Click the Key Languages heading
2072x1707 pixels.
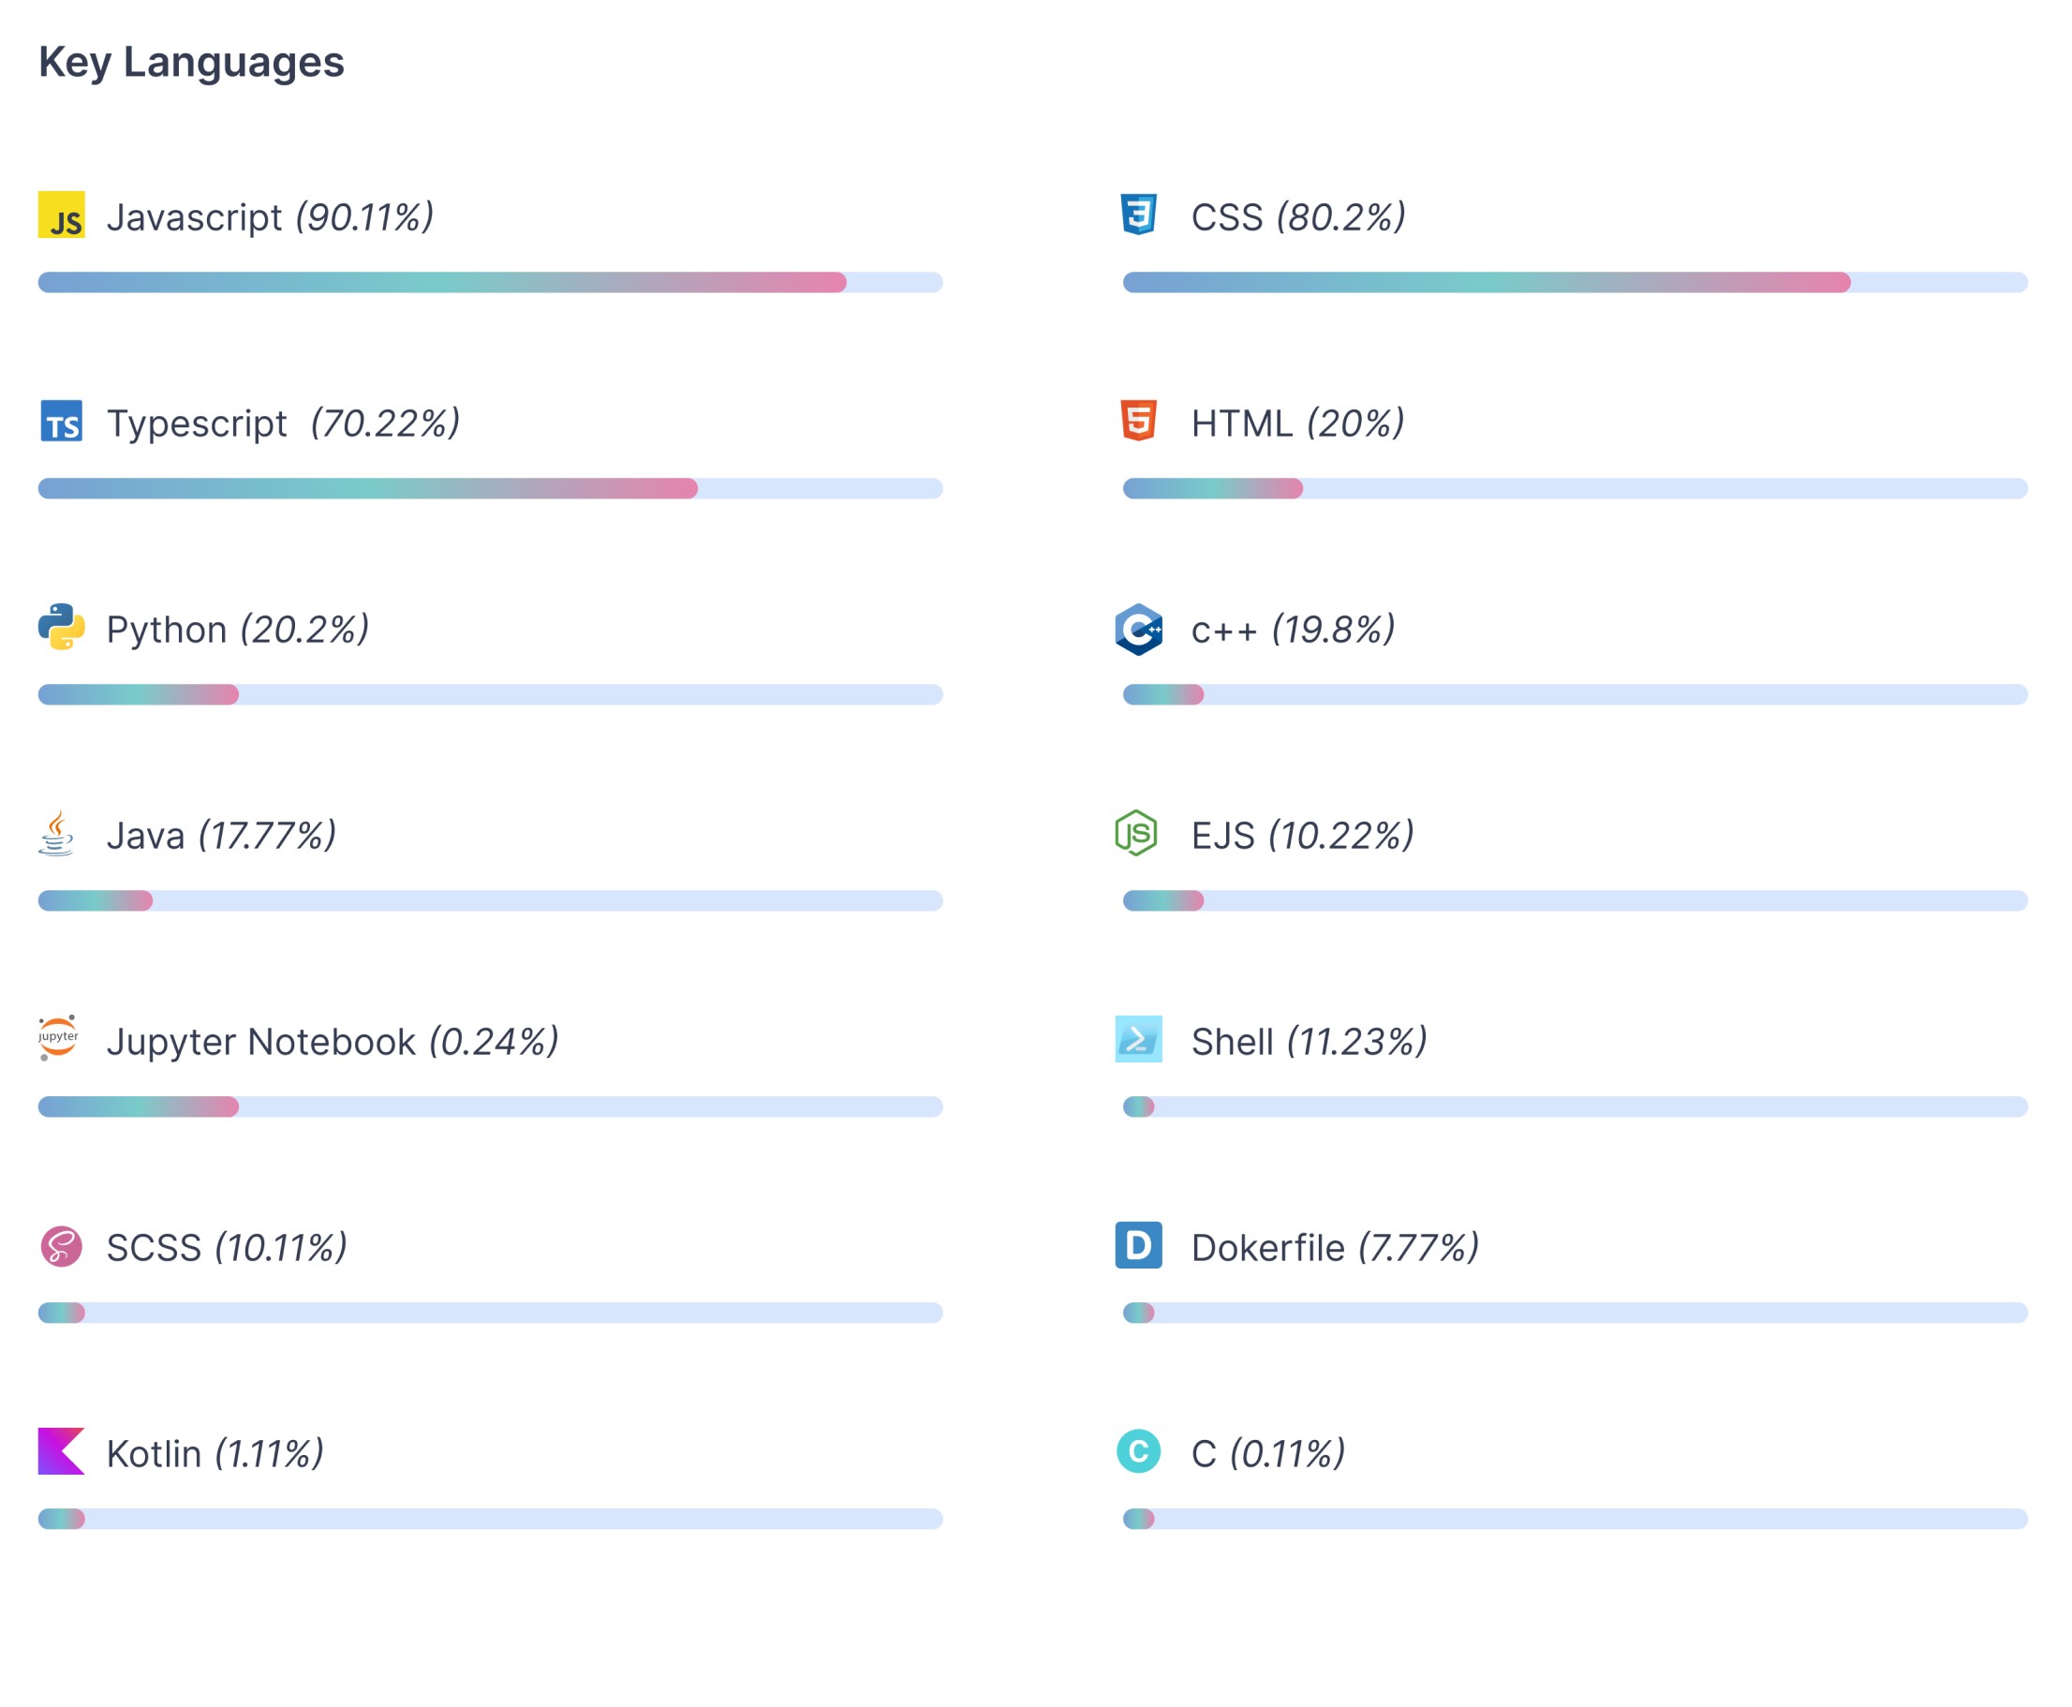192,62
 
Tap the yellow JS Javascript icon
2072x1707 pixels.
61,215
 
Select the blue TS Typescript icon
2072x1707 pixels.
61,421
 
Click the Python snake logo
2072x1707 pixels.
61,628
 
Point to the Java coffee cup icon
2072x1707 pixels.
57,833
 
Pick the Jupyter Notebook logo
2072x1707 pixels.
58,1038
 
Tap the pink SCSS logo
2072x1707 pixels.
61,1246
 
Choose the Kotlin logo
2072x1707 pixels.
61,1451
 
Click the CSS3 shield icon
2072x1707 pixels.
1138,215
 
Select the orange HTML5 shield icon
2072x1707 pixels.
1138,421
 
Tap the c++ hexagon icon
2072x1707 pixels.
1138,629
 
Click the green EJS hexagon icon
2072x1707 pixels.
1136,833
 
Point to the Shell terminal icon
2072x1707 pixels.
1138,1039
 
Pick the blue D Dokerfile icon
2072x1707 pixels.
1138,1245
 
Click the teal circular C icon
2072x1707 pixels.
1138,1451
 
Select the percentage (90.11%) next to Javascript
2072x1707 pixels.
364,217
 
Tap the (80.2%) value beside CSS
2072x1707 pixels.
1340,217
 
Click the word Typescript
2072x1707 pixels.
197,423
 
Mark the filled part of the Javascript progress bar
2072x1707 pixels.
442,282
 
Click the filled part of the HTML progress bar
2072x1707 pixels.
1212,489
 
